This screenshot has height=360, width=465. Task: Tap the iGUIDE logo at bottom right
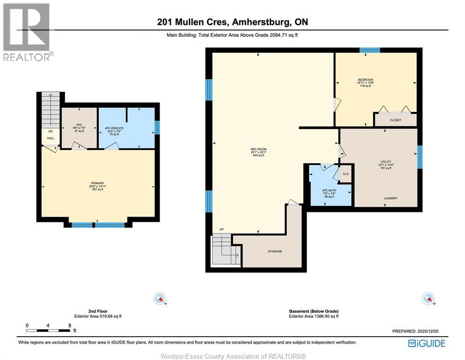point(427,344)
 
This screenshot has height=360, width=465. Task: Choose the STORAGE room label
point(275,251)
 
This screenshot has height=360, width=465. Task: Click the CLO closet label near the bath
point(346,174)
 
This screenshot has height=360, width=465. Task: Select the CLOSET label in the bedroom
point(395,120)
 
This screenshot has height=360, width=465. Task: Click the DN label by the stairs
point(50,132)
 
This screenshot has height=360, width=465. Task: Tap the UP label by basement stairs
point(221,230)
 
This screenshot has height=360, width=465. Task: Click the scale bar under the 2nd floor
point(48,330)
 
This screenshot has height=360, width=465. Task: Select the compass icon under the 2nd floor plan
point(160,298)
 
